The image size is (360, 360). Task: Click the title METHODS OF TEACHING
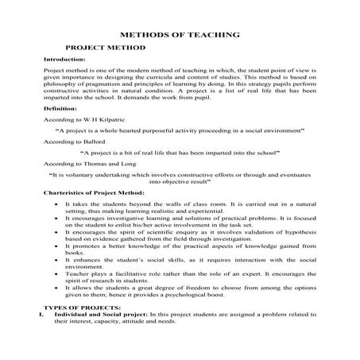pyautogui.click(x=180, y=35)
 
